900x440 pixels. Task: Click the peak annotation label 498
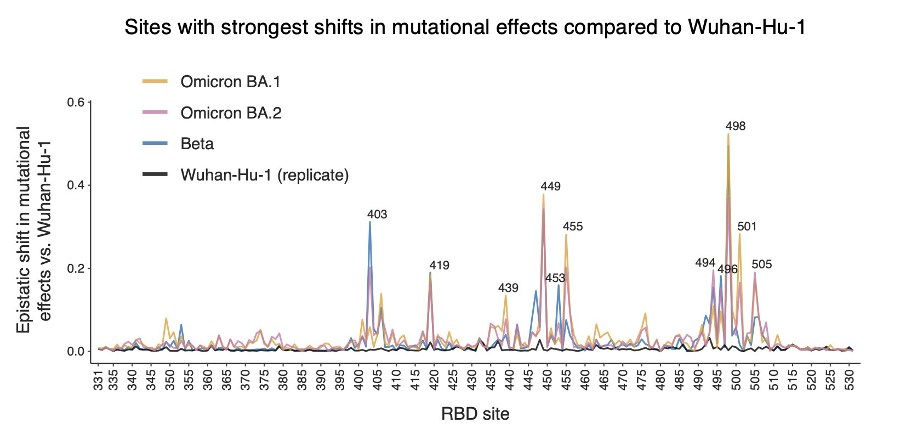point(736,126)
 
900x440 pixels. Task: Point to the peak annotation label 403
point(377,215)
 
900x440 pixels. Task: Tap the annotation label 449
point(550,187)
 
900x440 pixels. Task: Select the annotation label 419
point(439,266)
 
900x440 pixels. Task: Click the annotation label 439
point(508,288)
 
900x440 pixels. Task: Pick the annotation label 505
point(762,264)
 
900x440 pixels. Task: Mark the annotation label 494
point(705,263)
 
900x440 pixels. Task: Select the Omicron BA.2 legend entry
point(231,113)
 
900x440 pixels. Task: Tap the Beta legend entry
point(197,144)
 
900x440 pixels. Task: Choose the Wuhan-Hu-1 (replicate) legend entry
point(264,175)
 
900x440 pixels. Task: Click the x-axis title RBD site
point(475,414)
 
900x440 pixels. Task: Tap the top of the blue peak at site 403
point(369,222)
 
